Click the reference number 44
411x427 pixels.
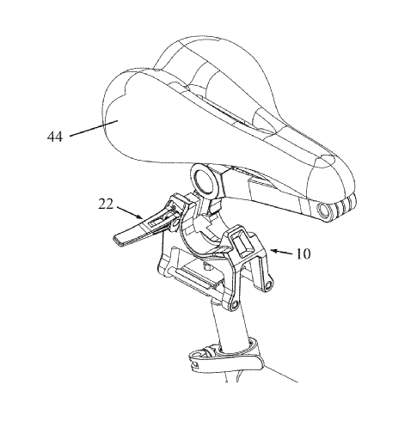55,137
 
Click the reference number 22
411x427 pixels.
106,204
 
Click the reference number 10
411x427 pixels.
303,253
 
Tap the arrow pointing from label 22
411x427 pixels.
130,212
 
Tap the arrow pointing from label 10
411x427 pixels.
281,252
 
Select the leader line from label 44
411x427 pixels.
94,128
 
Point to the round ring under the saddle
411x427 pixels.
205,181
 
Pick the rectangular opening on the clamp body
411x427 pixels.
242,243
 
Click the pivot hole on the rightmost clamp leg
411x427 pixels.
268,285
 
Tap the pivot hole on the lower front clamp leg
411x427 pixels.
234,305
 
